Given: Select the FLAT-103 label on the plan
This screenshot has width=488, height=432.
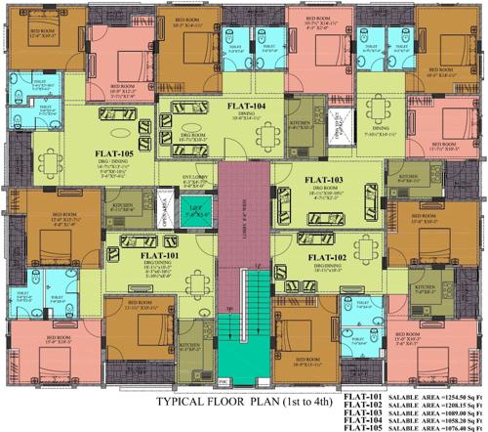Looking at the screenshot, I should click(x=324, y=180).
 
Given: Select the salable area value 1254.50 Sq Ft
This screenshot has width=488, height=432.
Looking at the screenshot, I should click(x=459, y=396).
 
